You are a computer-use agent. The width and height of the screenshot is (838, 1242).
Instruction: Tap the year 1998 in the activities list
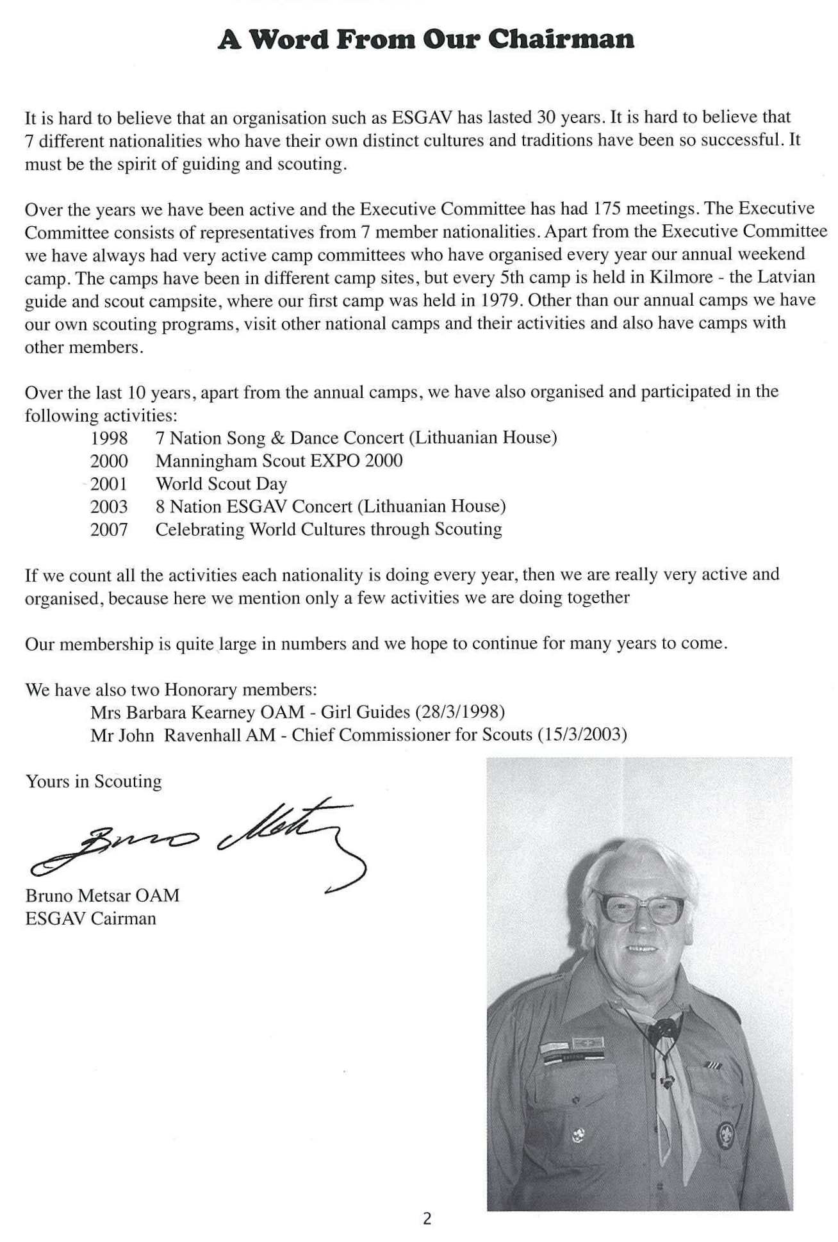click(109, 438)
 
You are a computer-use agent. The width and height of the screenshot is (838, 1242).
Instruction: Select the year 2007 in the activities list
click(109, 529)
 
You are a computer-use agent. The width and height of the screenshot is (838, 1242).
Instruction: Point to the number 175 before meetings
click(607, 209)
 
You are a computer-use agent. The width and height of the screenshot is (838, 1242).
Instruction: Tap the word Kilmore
click(681, 277)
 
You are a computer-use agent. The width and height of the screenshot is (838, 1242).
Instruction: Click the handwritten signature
click(199, 840)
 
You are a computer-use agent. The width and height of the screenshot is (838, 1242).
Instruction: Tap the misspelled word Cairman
click(124, 918)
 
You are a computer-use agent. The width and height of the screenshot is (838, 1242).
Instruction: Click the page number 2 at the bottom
click(427, 1219)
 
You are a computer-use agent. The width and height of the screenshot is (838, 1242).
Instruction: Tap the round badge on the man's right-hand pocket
click(725, 1135)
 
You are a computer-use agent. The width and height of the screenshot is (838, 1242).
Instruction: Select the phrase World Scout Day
click(221, 484)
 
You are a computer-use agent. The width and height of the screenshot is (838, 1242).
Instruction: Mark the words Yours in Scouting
click(94, 782)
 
